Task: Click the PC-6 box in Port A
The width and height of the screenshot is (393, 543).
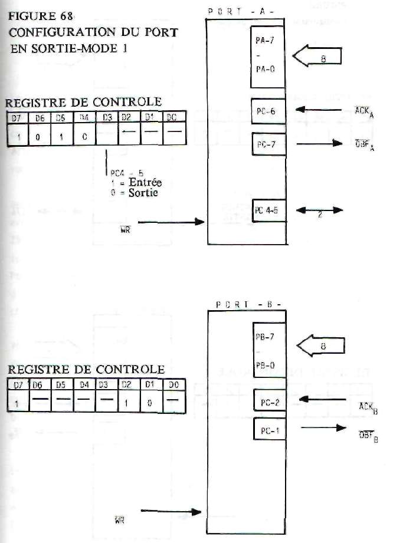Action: click(x=268, y=110)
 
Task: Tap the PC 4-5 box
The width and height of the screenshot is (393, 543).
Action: click(x=269, y=210)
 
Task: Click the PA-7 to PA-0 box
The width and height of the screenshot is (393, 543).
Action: click(x=268, y=57)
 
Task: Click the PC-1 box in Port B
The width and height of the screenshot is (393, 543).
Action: click(x=269, y=431)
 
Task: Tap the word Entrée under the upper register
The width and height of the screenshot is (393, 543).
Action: click(x=145, y=183)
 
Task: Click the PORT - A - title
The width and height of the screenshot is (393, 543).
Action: click(x=247, y=11)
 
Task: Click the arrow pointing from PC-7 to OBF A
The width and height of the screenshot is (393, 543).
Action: click(x=319, y=143)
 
